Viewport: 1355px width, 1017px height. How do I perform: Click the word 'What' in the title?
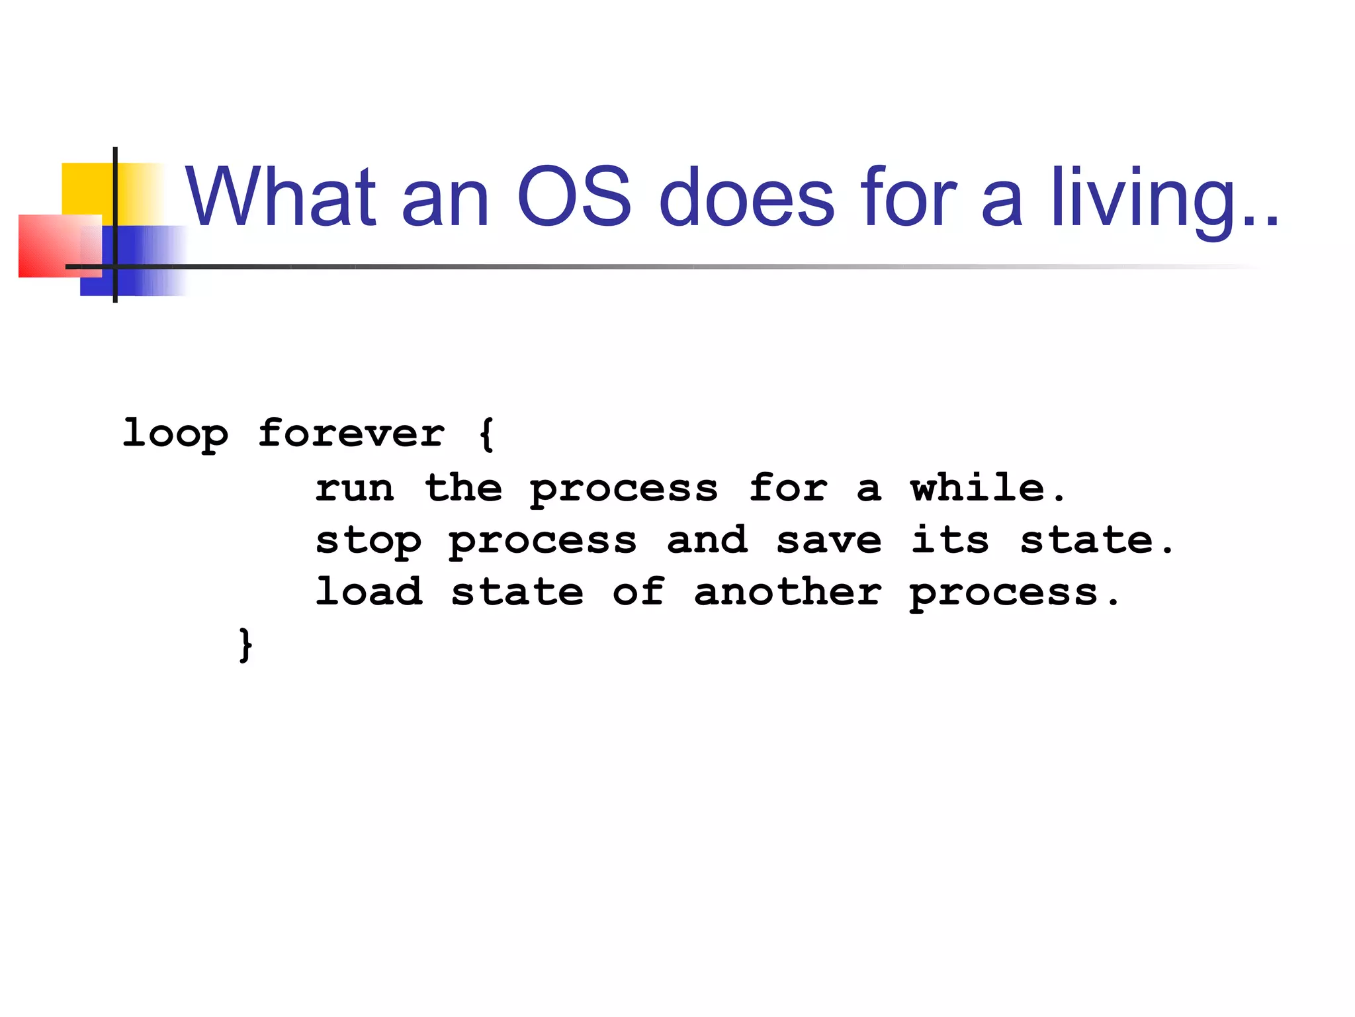coord(281,197)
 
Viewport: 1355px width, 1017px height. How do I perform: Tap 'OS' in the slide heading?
coord(574,197)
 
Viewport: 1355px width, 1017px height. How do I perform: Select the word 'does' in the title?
coord(747,197)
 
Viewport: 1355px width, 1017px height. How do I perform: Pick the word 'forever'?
coord(351,434)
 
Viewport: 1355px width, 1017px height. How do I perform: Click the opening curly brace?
coord(486,434)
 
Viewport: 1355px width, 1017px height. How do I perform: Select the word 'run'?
coord(355,489)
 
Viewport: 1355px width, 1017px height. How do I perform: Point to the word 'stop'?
coord(368,542)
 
